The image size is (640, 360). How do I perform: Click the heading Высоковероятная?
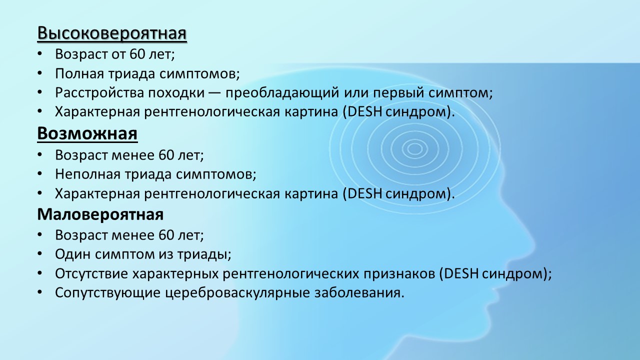tap(112, 33)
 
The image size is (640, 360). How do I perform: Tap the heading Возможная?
tap(87, 133)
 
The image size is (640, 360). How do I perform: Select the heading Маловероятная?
tap(100, 214)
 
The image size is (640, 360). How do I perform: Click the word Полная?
tap(79, 73)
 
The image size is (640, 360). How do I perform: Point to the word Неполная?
tap(87, 174)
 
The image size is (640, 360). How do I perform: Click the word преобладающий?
tap(282, 93)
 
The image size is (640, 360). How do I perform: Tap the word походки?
tap(176, 93)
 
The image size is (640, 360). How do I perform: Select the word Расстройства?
tap(99, 93)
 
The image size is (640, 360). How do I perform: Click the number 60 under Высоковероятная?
tap(137, 54)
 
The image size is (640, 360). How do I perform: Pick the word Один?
tap(73, 254)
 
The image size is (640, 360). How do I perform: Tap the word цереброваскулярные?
tap(237, 293)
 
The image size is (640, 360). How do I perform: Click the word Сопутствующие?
tap(108, 293)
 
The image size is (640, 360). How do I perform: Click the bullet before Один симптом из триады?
tap(39, 253)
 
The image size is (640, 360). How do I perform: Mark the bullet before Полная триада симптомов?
tap(39, 73)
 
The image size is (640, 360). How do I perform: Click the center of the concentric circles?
tap(414, 148)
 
